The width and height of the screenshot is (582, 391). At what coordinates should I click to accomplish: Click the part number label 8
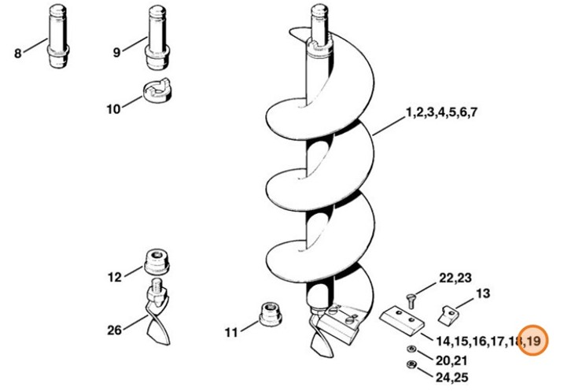(18, 53)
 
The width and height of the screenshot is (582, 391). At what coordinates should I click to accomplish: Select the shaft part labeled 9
(157, 37)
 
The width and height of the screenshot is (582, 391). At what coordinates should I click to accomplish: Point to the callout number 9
(117, 53)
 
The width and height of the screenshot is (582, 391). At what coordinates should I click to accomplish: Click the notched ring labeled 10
(157, 90)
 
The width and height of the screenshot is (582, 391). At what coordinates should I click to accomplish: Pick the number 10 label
(113, 109)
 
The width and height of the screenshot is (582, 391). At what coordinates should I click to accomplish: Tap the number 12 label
(115, 278)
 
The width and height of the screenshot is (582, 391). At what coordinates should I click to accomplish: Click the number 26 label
(114, 330)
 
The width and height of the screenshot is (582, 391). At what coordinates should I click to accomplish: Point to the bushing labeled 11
(271, 314)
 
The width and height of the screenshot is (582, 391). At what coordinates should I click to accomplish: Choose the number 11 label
(231, 332)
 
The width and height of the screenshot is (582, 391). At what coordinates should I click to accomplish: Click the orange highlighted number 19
(533, 341)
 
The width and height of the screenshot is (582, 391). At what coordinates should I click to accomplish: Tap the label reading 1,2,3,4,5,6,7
(441, 113)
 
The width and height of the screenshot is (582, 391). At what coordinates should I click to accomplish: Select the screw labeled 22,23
(411, 301)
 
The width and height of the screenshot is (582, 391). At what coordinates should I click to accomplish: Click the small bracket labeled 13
(450, 314)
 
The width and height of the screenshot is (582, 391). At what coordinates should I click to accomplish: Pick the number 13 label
(483, 293)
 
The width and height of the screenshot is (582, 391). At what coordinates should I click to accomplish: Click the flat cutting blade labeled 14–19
(402, 320)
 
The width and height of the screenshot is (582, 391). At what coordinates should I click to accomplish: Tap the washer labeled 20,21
(411, 349)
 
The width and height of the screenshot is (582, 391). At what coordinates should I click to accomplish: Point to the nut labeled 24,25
(411, 364)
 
